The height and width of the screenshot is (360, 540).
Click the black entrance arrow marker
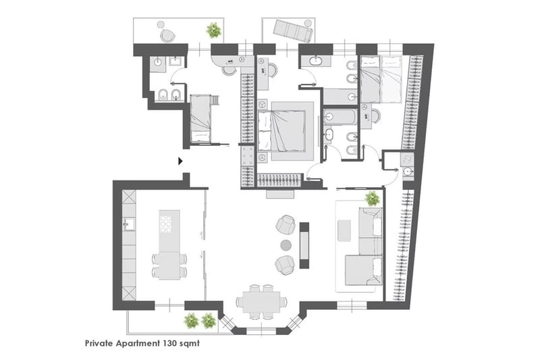pos(180,161)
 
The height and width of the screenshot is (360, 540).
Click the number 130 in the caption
pos(171,343)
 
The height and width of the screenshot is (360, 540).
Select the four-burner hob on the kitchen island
pos(166,224)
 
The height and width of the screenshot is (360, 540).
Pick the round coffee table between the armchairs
pos(286,245)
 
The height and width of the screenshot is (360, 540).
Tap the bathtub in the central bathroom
pos(340,117)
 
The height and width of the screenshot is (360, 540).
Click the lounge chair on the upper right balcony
pos(293,30)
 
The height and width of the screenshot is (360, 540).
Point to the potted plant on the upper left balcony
pos(214,30)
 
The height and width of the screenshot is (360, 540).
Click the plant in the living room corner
pos(373,199)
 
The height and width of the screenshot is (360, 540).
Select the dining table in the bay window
pos(261,302)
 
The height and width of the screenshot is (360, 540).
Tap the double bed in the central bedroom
pos(281,131)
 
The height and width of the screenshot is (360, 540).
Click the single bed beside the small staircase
pos(200,118)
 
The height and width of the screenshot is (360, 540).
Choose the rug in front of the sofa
pos(344,231)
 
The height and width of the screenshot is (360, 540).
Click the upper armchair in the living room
pos(286,224)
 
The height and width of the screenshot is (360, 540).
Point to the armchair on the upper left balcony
pos(167,36)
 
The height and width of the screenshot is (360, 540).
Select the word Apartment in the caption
pos(138,344)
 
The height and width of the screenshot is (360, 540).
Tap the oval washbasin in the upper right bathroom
pos(316,61)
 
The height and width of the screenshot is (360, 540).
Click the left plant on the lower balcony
pos(192,321)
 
